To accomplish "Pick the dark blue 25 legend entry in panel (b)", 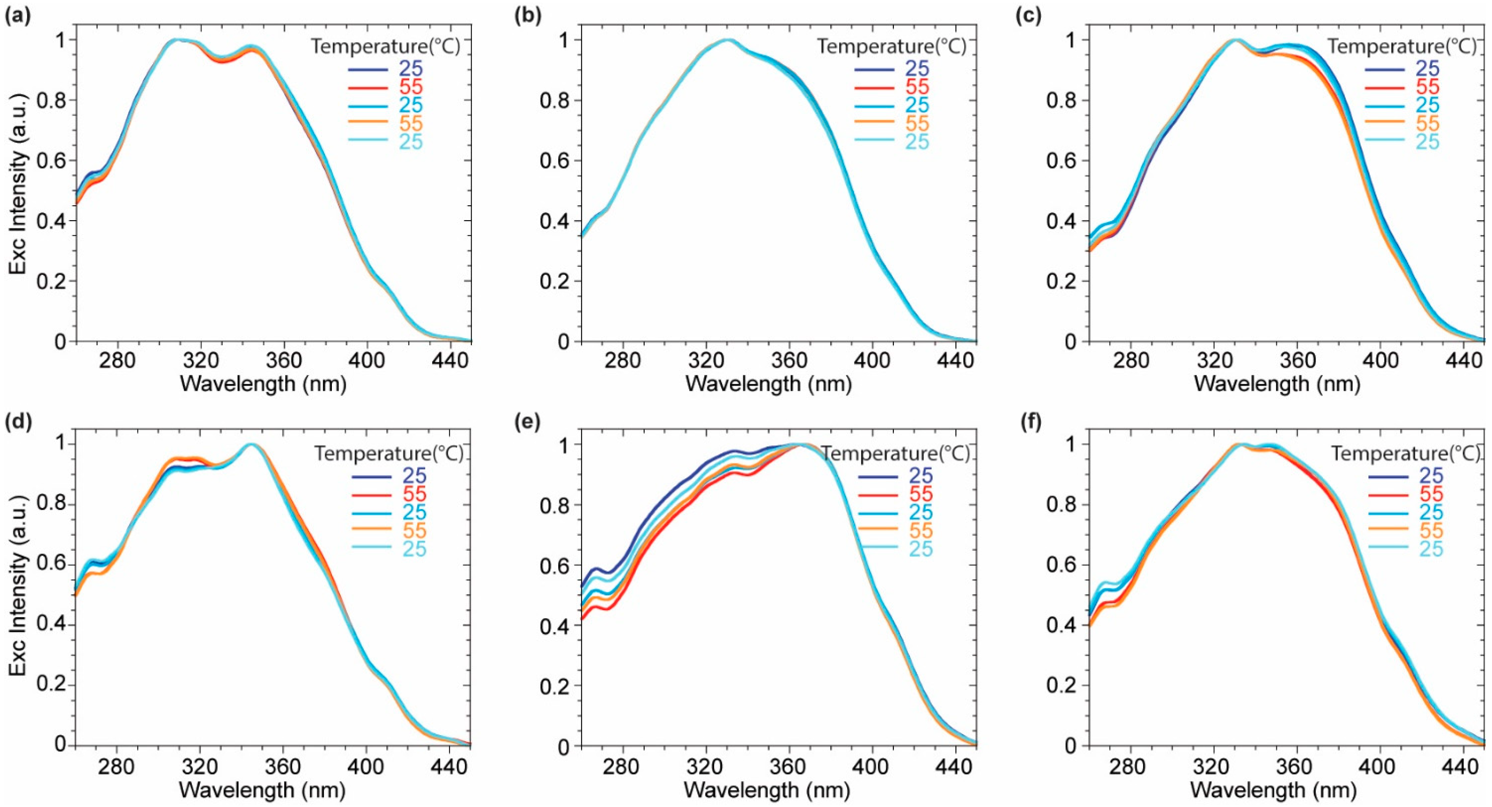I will [x=917, y=68].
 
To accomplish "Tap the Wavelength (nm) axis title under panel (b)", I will [x=768, y=384].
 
